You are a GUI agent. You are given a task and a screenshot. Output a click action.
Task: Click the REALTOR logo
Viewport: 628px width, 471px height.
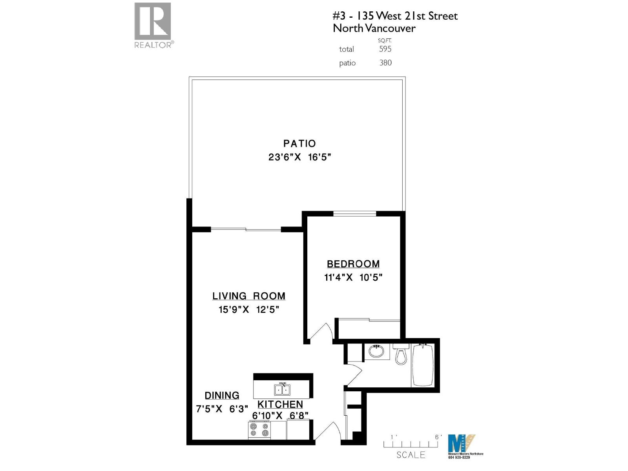[153, 24]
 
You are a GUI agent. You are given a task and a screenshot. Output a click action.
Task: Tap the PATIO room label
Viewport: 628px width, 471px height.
[299, 144]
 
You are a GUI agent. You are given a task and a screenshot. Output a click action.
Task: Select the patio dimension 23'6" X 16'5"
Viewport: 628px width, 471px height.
[299, 157]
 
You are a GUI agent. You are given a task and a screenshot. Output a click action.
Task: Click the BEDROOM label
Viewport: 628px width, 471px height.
[353, 264]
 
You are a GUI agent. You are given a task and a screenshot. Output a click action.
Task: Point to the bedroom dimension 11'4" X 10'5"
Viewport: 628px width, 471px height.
[353, 277]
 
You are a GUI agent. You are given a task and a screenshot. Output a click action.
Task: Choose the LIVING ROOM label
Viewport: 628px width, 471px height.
[249, 296]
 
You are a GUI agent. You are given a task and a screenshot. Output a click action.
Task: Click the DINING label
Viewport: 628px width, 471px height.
[222, 395]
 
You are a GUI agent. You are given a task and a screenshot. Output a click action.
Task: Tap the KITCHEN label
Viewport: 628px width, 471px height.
[280, 404]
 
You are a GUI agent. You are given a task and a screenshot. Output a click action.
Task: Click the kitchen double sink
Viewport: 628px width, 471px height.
[282, 389]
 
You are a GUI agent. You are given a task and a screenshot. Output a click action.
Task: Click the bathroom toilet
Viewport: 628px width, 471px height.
[401, 354]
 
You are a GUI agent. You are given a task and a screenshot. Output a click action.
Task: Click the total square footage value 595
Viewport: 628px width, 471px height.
[385, 49]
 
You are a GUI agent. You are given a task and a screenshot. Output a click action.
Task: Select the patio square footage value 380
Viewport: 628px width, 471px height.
[385, 63]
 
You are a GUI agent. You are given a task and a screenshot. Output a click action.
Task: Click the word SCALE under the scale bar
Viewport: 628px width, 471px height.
[411, 455]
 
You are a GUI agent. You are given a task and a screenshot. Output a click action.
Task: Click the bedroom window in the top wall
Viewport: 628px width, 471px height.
[354, 214]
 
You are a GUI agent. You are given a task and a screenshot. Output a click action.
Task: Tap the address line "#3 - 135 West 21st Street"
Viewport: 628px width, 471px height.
[395, 16]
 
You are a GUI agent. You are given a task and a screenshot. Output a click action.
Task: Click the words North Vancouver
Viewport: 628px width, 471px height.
[374, 28]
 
